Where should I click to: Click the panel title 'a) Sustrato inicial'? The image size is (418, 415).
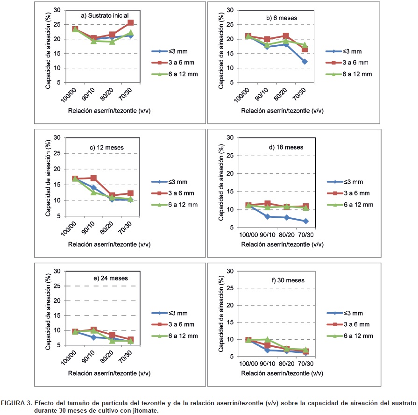click(x=105, y=15)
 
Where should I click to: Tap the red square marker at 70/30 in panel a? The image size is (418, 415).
click(x=131, y=22)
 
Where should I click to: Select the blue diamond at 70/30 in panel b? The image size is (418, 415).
click(x=305, y=62)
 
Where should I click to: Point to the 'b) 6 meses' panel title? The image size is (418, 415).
click(x=282, y=18)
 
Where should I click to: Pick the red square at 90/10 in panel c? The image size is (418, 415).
click(x=93, y=178)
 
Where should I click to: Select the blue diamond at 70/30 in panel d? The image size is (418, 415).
click(x=305, y=221)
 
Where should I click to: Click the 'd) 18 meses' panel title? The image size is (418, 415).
click(x=286, y=147)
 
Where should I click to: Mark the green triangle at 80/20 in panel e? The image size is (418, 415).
click(x=112, y=341)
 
